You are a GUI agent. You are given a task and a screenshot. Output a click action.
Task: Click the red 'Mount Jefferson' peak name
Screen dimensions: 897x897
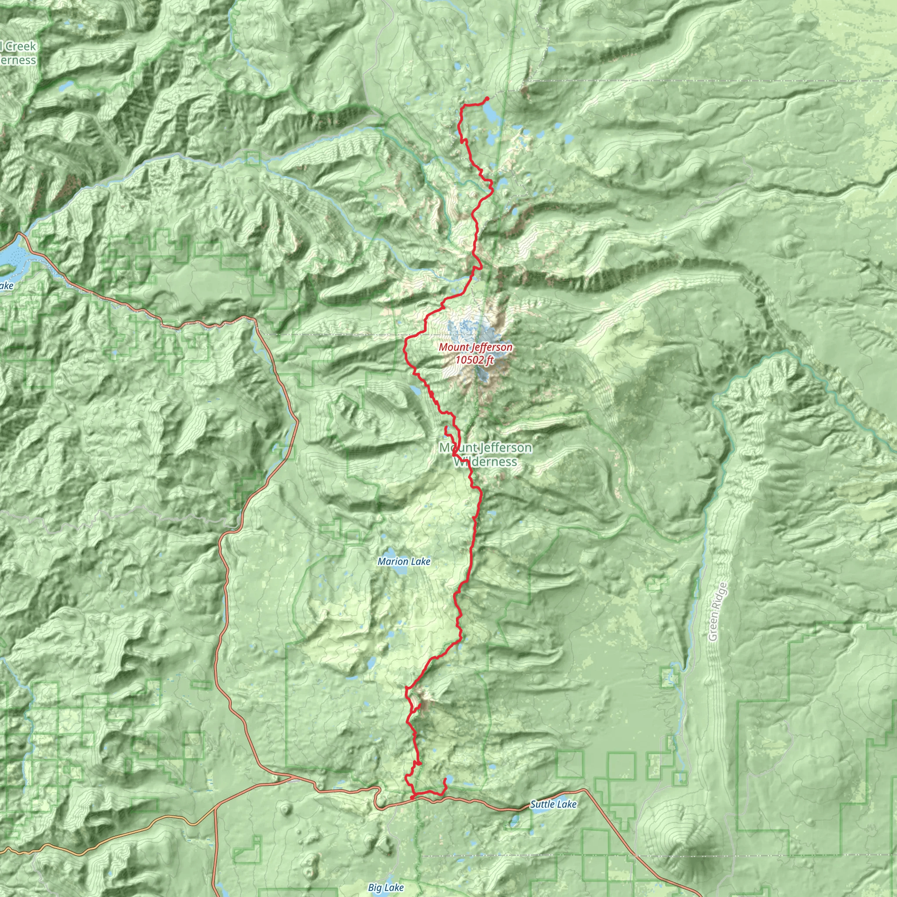point(475,347)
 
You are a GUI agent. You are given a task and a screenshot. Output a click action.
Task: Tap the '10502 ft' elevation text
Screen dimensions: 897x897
point(474,360)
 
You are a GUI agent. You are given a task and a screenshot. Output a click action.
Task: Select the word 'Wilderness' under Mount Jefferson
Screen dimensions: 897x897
point(485,462)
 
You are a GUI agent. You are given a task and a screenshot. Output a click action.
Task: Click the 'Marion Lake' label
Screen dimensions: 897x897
point(403,562)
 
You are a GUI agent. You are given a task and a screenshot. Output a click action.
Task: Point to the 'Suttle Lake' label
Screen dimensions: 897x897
point(553,804)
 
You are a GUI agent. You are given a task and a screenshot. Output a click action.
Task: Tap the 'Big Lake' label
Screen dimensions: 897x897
point(385,888)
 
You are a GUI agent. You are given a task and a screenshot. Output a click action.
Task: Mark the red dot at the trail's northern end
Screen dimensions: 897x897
point(487,99)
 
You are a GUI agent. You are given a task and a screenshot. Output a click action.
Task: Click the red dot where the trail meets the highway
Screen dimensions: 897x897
point(412,798)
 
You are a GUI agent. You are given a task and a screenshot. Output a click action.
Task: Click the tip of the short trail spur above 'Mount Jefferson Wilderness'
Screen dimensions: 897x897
point(446,427)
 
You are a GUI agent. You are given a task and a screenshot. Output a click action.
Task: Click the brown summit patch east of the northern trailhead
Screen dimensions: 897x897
point(525,91)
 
